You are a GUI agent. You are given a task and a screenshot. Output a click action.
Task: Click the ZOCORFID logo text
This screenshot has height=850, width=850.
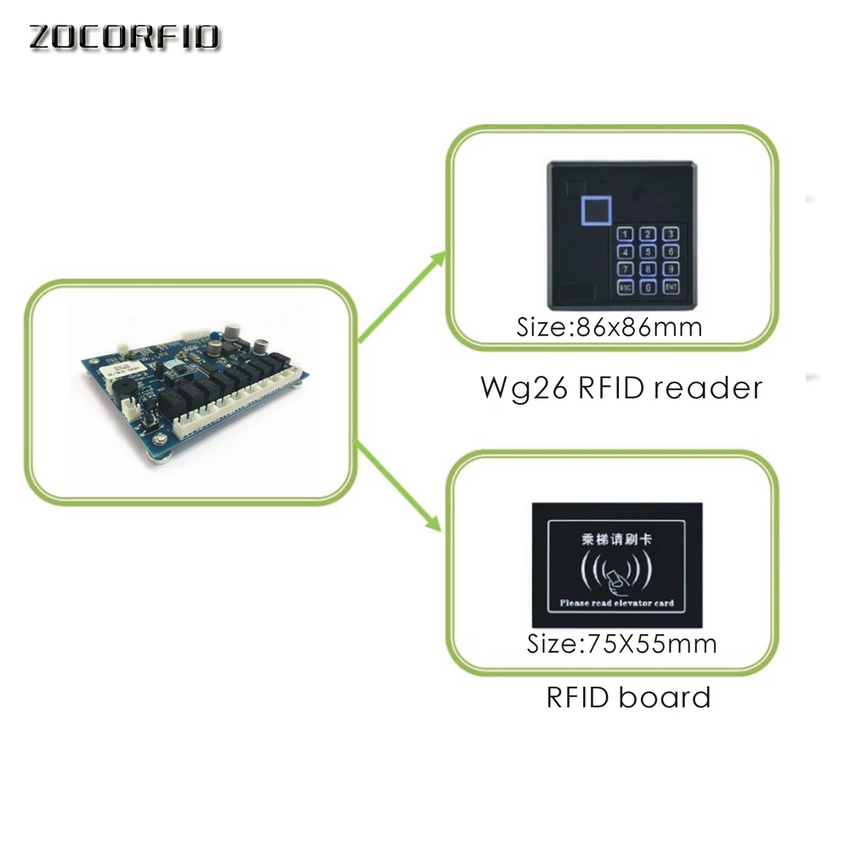[126, 38]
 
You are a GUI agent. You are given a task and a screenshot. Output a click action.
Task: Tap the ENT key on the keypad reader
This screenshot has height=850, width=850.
[671, 287]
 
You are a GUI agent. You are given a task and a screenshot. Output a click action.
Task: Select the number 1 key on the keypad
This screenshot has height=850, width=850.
[626, 234]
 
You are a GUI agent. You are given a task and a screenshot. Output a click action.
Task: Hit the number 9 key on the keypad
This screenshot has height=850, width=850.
[671, 269]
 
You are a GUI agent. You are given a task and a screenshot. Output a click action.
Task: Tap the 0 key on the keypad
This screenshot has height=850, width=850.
[649, 287]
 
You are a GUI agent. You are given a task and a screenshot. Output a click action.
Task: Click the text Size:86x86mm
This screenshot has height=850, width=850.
[609, 327]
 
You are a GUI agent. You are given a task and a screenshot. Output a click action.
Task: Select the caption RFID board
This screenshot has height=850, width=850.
[628, 698]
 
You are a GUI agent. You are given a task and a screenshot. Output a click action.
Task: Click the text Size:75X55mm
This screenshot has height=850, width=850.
[621, 643]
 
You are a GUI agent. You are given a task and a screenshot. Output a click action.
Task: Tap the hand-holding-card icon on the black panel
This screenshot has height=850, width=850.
[617, 580]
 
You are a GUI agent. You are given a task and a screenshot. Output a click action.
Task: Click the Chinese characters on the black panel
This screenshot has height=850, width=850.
[617, 539]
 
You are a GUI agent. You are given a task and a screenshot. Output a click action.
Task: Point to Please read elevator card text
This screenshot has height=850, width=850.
[617, 603]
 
